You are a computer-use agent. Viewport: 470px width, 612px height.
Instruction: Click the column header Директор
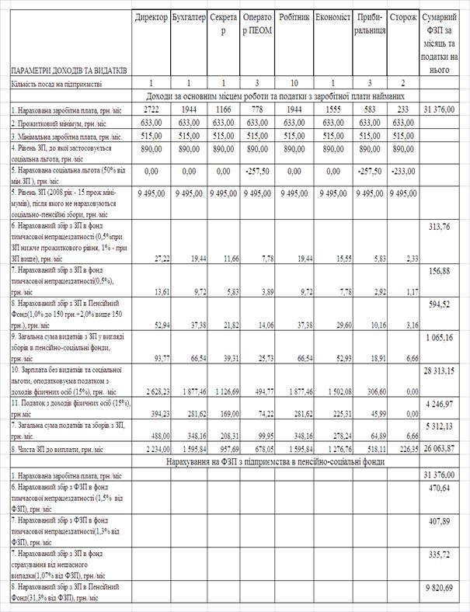pyautogui.click(x=149, y=16)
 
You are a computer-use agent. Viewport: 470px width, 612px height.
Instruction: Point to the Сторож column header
pyautogui.click(x=402, y=16)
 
